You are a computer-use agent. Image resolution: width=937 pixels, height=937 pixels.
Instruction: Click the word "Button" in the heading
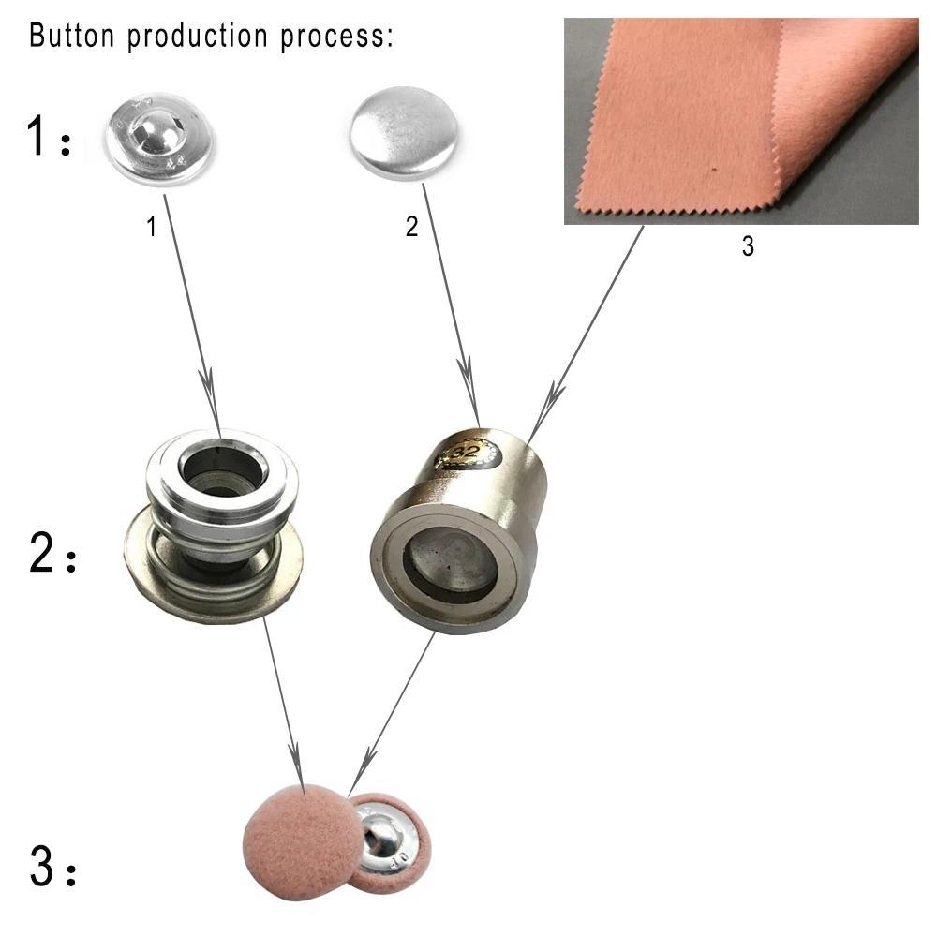point(72,35)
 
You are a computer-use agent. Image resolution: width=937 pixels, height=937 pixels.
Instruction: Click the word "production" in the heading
point(198,36)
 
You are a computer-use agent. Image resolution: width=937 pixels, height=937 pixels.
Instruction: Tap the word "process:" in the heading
point(337,37)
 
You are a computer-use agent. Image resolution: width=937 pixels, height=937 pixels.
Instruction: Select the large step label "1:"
point(49,136)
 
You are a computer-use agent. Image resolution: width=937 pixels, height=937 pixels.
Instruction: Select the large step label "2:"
point(52,553)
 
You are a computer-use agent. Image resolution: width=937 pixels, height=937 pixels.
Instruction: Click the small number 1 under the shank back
point(152,227)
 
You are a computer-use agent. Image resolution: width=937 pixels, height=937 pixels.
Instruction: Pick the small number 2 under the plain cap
point(411,227)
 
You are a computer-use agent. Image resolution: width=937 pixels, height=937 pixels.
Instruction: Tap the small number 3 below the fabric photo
point(748,246)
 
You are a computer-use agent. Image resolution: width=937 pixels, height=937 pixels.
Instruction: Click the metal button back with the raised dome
point(160,138)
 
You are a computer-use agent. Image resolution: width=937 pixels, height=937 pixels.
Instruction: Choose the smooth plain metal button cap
point(405,132)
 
